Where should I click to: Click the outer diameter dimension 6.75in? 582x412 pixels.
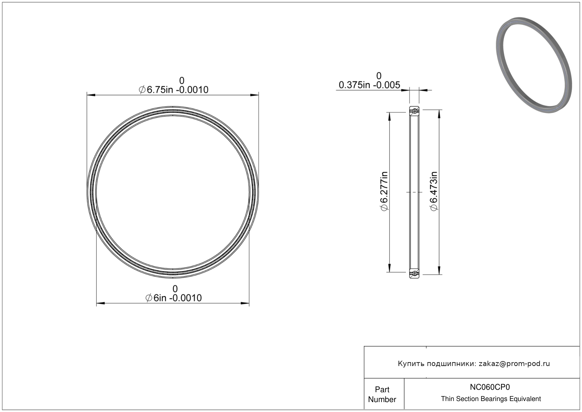174,90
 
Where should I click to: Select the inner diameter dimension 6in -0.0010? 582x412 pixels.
174,298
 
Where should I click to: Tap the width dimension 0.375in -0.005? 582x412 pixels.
369,85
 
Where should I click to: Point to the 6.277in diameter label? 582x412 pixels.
384,191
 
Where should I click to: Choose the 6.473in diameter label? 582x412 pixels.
434,191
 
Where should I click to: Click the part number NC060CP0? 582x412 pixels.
490,387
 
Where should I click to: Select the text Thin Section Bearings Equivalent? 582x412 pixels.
491,399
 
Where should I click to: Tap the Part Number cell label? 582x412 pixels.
382,394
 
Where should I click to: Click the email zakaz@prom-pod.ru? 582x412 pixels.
514,364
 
